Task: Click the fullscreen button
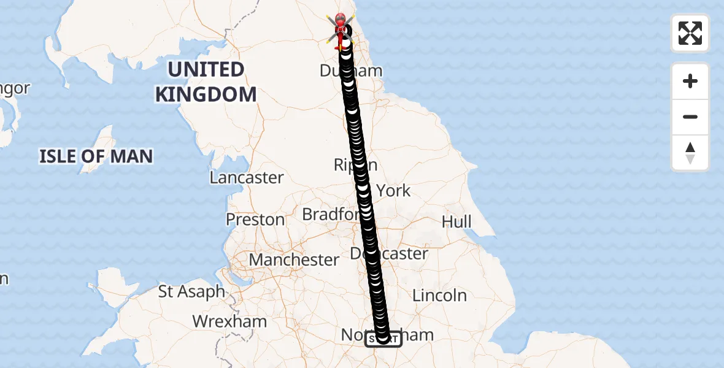point(690,33)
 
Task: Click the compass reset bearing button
point(690,153)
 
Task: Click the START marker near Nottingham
point(383,339)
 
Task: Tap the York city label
point(394,191)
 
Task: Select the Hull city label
point(456,221)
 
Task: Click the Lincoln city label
point(439,296)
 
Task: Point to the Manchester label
point(294,260)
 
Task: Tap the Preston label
point(255,220)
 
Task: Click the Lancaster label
point(247,178)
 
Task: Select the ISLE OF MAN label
point(96,156)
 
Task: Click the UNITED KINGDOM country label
point(206,82)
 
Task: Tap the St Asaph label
point(192,292)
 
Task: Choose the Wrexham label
point(229,321)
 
